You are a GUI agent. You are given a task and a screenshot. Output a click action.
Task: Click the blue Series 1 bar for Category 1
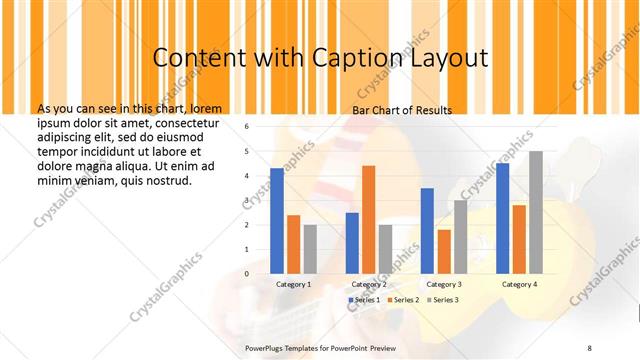click(277, 220)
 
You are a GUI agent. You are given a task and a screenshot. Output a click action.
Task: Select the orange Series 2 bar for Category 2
click(368, 219)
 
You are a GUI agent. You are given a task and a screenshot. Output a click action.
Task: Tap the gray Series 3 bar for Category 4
click(536, 212)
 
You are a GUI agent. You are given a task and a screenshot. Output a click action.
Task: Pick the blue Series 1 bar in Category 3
click(427, 230)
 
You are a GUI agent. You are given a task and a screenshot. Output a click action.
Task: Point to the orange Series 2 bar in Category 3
click(444, 251)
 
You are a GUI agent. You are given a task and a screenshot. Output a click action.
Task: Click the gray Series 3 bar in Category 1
click(310, 248)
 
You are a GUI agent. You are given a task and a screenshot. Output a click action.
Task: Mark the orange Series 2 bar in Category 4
click(519, 239)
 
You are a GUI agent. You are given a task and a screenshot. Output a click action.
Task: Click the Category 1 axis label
click(294, 284)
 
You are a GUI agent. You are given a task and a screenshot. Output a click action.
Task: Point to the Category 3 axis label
click(444, 284)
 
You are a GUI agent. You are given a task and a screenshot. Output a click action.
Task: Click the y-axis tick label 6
click(247, 127)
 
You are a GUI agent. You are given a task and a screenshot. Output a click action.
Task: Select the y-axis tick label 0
click(247, 273)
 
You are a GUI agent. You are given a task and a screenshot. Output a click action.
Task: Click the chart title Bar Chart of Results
click(402, 110)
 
